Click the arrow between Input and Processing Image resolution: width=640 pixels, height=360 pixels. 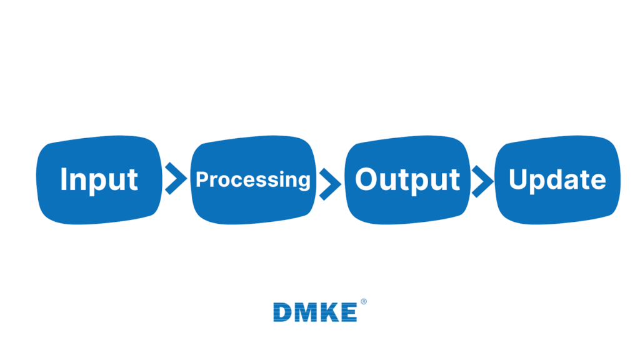(176, 179)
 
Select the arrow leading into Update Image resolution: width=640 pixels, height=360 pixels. (481, 181)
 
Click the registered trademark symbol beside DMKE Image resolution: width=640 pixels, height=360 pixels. (364, 302)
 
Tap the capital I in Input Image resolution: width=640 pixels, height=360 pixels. (64, 179)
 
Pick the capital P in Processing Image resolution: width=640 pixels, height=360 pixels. (202, 180)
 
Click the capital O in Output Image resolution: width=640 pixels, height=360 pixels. (366, 179)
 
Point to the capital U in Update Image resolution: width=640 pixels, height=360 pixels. (519, 179)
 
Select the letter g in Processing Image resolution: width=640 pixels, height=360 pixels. (302, 182)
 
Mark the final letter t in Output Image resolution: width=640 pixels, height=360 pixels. (454, 180)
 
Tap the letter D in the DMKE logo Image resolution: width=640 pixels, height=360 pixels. (283, 312)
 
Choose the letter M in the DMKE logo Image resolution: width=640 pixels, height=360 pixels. (306, 312)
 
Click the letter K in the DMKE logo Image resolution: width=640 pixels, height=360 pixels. (329, 312)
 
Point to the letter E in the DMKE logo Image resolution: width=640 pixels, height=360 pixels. (349, 312)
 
